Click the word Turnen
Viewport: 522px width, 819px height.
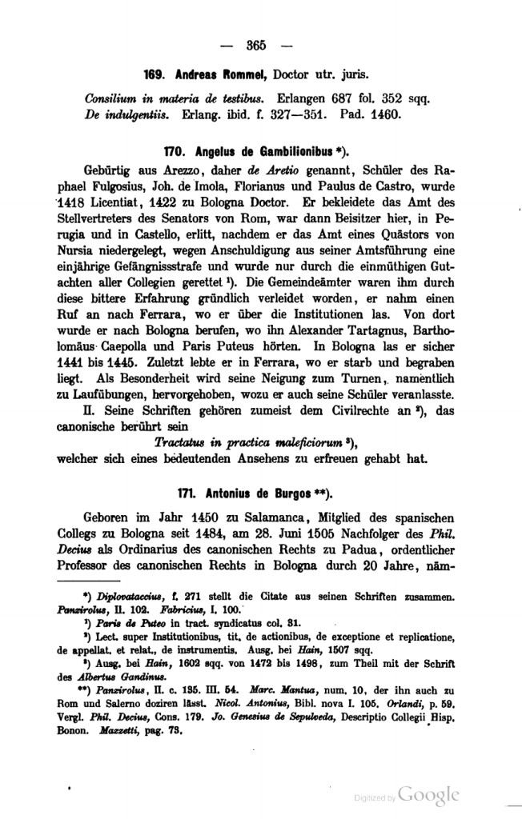[366, 382]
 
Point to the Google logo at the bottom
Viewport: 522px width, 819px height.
[428, 794]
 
